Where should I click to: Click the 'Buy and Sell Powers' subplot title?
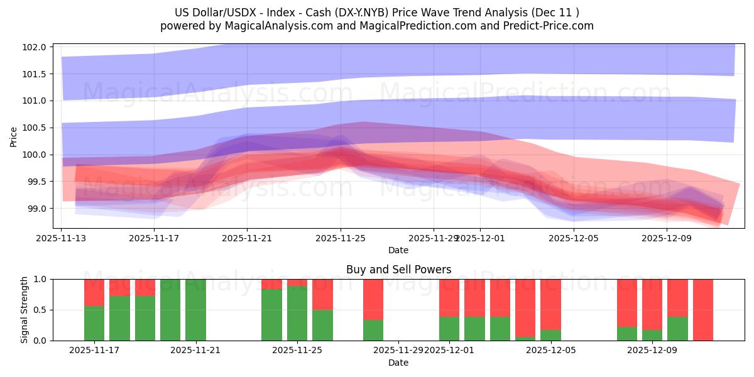398,270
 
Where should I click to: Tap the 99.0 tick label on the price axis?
36,209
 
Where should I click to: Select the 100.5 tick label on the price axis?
35,128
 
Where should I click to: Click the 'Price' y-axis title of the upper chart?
14,136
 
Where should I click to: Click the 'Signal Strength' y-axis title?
24,310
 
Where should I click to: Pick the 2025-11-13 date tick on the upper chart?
61,238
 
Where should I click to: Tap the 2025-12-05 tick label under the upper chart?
573,238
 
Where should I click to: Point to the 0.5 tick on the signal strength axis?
41,310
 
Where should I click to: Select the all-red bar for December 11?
702,310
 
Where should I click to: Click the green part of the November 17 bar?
94,324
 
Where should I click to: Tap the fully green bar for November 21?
195,310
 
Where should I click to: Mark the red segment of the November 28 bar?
373,298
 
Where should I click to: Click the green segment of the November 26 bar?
322,325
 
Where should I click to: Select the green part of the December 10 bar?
677,329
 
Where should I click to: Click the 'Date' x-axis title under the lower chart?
398,363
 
